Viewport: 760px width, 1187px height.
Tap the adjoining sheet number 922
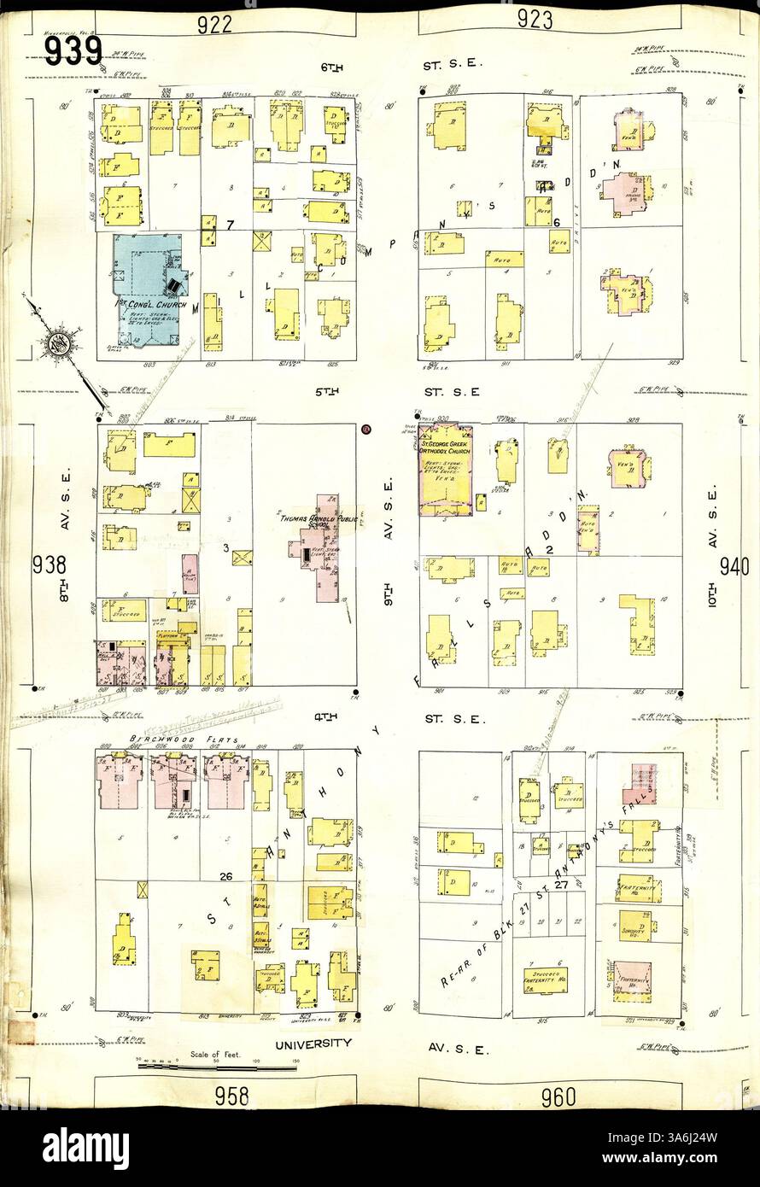point(214,24)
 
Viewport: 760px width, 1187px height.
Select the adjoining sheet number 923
point(535,20)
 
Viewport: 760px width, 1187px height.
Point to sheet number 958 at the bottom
point(230,1095)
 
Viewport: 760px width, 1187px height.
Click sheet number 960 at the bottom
point(558,1096)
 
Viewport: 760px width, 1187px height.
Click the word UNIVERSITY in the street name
point(313,1044)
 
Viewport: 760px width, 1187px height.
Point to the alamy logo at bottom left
point(85,1149)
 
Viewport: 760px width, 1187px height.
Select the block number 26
point(225,875)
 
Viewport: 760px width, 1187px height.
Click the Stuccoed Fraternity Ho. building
point(547,978)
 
